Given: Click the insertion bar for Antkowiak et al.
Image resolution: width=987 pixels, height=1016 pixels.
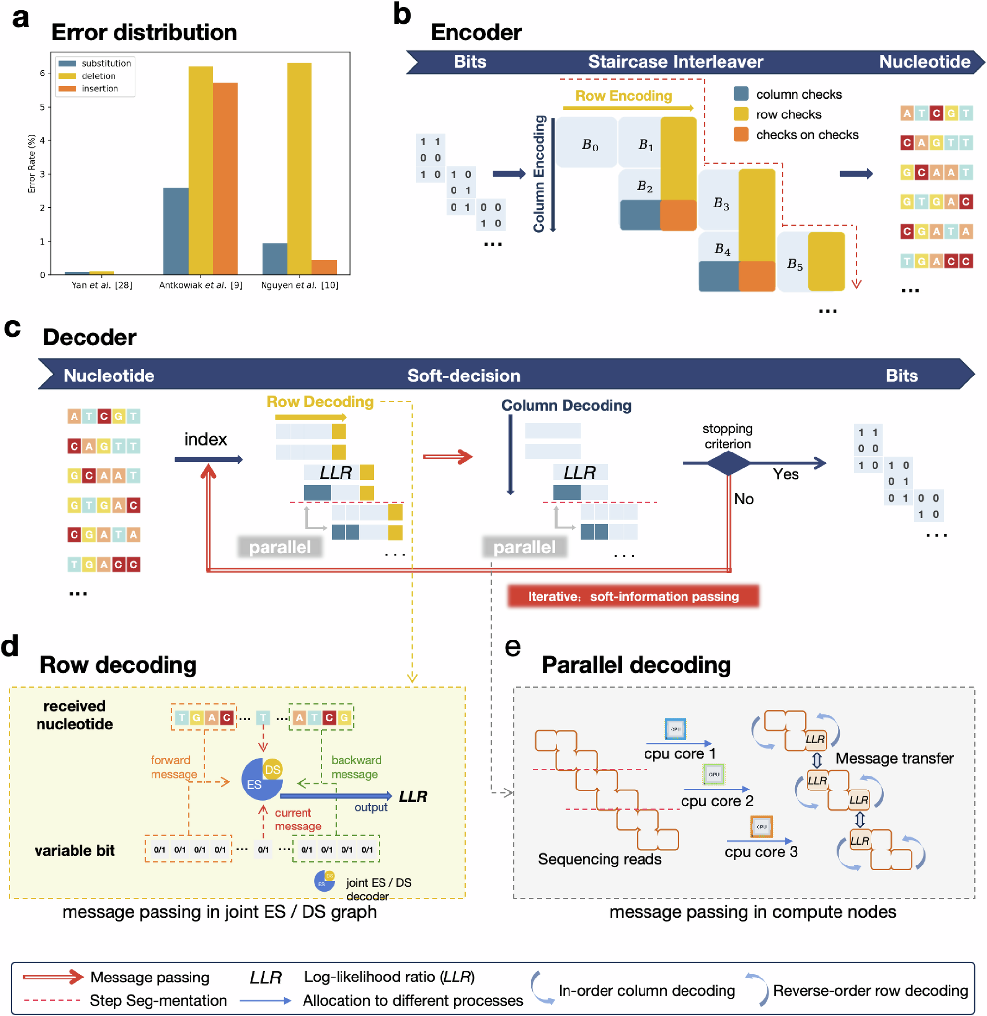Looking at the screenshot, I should click(225, 178).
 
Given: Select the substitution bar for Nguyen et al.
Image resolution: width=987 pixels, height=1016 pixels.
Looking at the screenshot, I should click(274, 259).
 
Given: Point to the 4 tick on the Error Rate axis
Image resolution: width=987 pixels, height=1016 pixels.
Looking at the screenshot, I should click(42, 140).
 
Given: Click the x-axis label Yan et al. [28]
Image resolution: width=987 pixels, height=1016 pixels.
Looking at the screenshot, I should click(102, 285).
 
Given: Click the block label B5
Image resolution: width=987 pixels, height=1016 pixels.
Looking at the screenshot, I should click(794, 264).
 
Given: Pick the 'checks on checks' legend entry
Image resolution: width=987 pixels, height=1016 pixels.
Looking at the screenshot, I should click(806, 135).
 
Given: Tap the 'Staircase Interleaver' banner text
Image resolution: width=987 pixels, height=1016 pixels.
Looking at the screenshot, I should click(675, 62).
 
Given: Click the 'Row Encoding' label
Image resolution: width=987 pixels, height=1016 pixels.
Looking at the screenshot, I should click(623, 96).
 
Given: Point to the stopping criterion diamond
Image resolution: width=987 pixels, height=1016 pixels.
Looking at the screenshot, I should click(728, 462).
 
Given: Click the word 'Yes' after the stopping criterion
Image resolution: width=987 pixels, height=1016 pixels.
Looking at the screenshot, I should click(785, 474).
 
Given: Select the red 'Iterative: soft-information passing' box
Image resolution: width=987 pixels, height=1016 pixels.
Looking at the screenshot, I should click(633, 596).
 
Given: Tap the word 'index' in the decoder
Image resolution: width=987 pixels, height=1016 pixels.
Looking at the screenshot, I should click(205, 440).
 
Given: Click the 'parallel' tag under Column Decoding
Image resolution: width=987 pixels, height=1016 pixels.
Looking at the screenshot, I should click(524, 547).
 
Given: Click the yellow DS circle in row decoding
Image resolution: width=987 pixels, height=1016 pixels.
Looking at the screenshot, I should click(273, 769).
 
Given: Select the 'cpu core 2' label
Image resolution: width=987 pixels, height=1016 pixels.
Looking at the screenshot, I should click(717, 801).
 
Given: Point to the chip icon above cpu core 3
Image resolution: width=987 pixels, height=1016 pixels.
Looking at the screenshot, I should click(761, 827).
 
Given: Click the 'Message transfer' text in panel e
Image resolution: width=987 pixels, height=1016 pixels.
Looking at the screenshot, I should click(894, 758).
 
